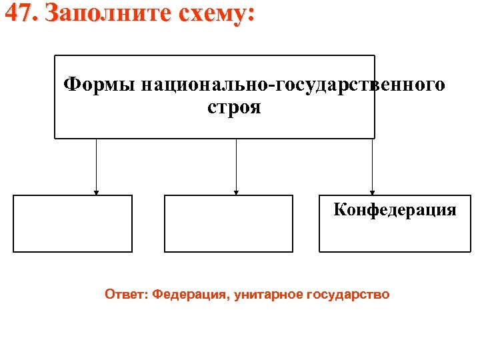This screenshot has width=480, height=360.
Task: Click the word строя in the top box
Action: coord(234,107)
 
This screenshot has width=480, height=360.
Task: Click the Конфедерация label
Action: coord(395,211)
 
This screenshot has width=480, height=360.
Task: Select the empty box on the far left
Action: coord(73,223)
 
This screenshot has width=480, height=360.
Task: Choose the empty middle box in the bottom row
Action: coord(228,223)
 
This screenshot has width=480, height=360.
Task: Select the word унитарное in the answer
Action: coord(271,294)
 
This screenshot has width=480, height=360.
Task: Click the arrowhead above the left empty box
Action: coord(96,193)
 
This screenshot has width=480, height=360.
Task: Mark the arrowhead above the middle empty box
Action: coord(236,193)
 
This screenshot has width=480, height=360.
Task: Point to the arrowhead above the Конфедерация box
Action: coord(373,193)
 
